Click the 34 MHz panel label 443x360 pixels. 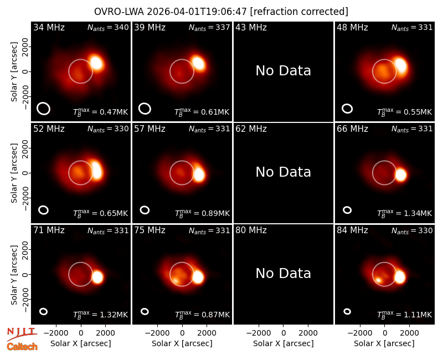[49, 27]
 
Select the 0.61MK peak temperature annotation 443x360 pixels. [202, 112]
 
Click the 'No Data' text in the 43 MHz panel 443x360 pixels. [283, 71]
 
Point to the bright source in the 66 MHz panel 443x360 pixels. [400, 175]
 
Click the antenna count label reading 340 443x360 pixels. [108, 27]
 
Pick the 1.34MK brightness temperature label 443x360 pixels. [405, 213]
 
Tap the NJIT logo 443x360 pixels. [22, 334]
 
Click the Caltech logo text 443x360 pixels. [22, 347]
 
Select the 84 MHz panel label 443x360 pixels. [352, 230]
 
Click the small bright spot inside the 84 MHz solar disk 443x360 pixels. [378, 280]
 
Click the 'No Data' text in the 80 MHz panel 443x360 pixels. [283, 273]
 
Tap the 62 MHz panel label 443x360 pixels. [251, 129]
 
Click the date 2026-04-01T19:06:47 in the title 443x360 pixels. [197, 12]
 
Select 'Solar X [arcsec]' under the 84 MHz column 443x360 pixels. [384, 343]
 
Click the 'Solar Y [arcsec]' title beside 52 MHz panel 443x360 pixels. [14, 173]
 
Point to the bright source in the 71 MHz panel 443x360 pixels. [97, 277]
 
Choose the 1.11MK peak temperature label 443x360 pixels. [405, 315]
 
